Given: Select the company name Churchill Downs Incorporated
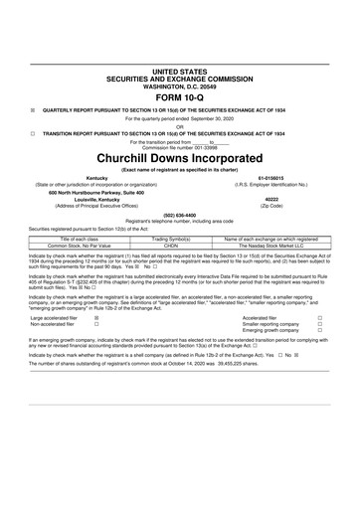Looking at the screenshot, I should [180, 157].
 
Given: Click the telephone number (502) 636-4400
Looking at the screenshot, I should [180, 214].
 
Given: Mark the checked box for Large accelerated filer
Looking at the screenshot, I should [96, 318].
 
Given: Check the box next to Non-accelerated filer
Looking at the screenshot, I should [96, 325].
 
